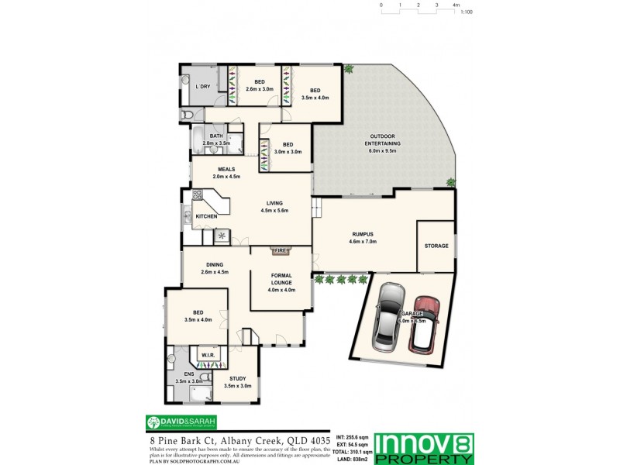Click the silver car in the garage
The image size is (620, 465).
pos(387,315)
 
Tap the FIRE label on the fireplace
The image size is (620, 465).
pos(281,251)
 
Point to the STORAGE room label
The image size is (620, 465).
pos(436,246)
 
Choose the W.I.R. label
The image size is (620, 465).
pos(208,356)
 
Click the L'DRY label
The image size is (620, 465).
pos(203,87)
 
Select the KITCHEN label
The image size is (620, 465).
pos(206,216)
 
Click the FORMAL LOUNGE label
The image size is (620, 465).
pos(281,280)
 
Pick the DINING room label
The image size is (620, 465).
pos(214,264)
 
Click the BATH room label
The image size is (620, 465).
pos(216,136)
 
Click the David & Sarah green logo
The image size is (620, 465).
pos(182,422)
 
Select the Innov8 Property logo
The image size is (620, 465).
pos(424,448)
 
